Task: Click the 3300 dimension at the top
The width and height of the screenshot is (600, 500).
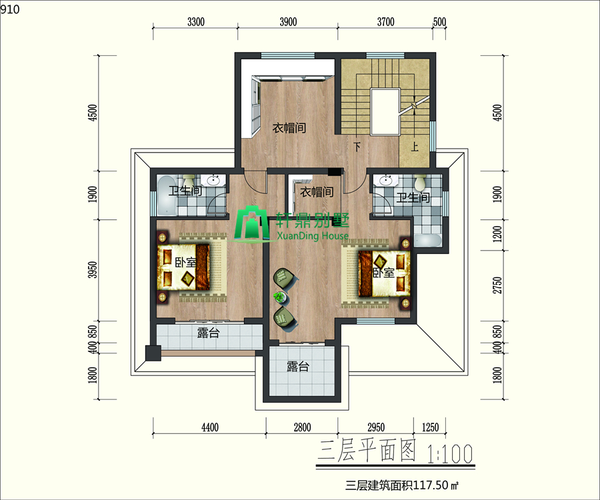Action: (196, 22)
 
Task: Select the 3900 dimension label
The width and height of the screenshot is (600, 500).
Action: (288, 22)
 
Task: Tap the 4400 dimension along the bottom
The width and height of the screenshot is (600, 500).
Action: (210, 427)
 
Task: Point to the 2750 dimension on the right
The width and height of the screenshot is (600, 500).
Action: (497, 285)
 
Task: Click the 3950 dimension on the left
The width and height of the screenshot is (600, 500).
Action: (93, 270)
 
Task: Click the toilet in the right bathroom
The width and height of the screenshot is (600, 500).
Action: (421, 183)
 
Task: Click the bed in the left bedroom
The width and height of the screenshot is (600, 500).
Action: (183, 267)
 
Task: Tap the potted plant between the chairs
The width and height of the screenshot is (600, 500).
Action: (280, 297)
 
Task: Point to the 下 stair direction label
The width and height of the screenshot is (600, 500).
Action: (357, 147)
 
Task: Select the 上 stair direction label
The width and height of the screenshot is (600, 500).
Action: (415, 147)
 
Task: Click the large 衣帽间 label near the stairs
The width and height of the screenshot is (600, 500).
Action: (289, 128)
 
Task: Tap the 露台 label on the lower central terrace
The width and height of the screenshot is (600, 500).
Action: (298, 367)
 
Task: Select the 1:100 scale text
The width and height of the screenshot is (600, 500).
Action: (449, 454)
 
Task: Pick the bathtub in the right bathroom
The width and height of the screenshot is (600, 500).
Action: (428, 240)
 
